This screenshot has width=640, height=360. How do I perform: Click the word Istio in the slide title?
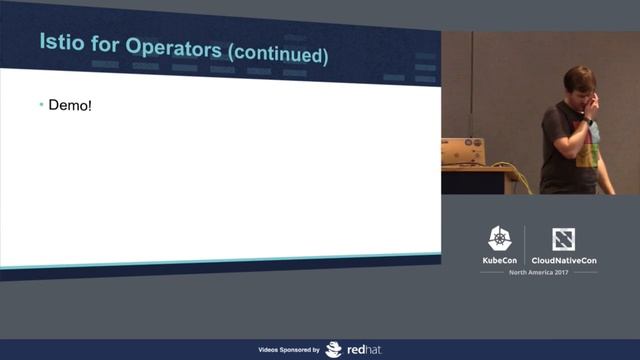tap(62, 47)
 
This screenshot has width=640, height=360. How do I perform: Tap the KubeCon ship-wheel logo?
tap(500, 239)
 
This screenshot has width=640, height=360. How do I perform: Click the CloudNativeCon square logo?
tap(563, 239)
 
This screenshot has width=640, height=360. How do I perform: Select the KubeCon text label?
tap(500, 260)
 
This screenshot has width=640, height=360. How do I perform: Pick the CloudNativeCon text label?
tap(564, 260)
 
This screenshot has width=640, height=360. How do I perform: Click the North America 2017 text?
tap(532, 273)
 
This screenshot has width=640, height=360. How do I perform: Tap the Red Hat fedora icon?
tap(333, 350)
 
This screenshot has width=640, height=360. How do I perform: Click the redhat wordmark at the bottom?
tap(359, 350)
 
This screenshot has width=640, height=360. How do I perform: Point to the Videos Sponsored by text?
tap(289, 351)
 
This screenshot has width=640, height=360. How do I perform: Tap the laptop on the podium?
tap(463, 151)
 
